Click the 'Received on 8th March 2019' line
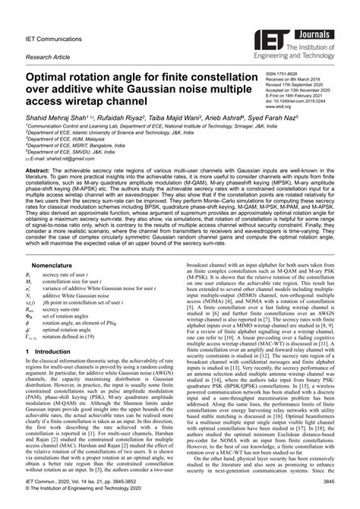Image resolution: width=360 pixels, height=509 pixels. (x=301, y=78)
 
